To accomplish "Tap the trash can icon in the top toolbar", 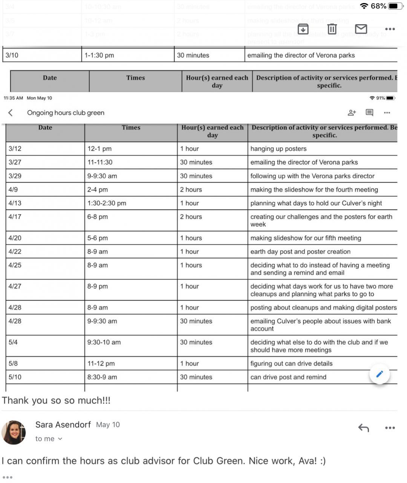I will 332,29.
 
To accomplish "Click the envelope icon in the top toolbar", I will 361,29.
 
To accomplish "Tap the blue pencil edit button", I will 379,374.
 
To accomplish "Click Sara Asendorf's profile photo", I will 14,432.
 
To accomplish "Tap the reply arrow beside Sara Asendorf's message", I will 364,428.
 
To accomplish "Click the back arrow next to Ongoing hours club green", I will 11,112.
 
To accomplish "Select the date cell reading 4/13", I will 15,203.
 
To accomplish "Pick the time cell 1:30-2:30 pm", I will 107,203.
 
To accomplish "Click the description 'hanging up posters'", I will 278,149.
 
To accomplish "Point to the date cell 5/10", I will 15,377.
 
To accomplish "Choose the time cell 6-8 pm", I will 98,217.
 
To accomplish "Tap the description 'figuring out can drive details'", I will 291,363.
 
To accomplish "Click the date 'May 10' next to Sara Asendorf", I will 108,425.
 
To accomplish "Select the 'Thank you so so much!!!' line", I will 56,400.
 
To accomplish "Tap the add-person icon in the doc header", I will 352,112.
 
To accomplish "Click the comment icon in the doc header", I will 369,112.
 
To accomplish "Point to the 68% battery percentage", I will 378,6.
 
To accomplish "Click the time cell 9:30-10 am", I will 104,342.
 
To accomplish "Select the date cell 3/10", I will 12,55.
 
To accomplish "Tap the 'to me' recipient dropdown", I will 49,439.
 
